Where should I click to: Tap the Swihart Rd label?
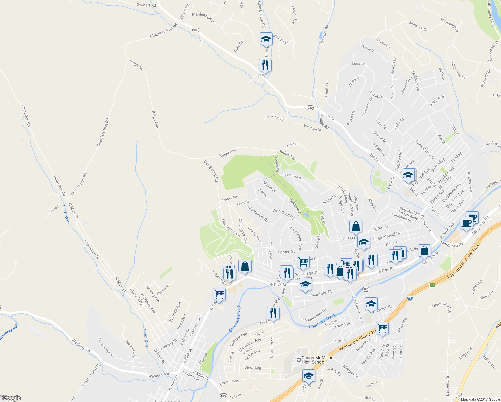146,5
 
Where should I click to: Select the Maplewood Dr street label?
204,17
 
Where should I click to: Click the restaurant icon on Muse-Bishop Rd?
265,65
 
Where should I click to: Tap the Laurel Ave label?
230,198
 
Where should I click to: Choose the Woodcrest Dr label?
258,214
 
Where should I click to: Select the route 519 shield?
223,396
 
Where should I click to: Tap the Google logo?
11,398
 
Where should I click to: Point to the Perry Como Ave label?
426,150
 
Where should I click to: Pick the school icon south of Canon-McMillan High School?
309,376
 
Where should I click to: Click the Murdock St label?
321,293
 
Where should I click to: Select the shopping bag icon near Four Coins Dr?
424,251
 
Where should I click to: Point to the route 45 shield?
432,285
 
